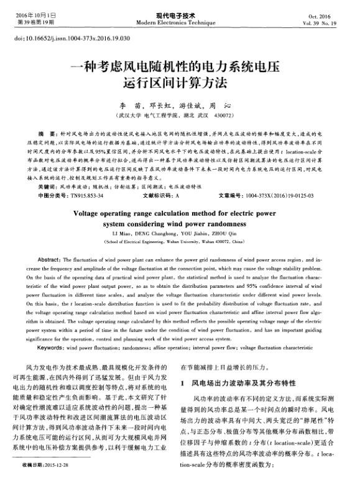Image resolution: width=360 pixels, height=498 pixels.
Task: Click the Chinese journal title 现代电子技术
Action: pos(180,14)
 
